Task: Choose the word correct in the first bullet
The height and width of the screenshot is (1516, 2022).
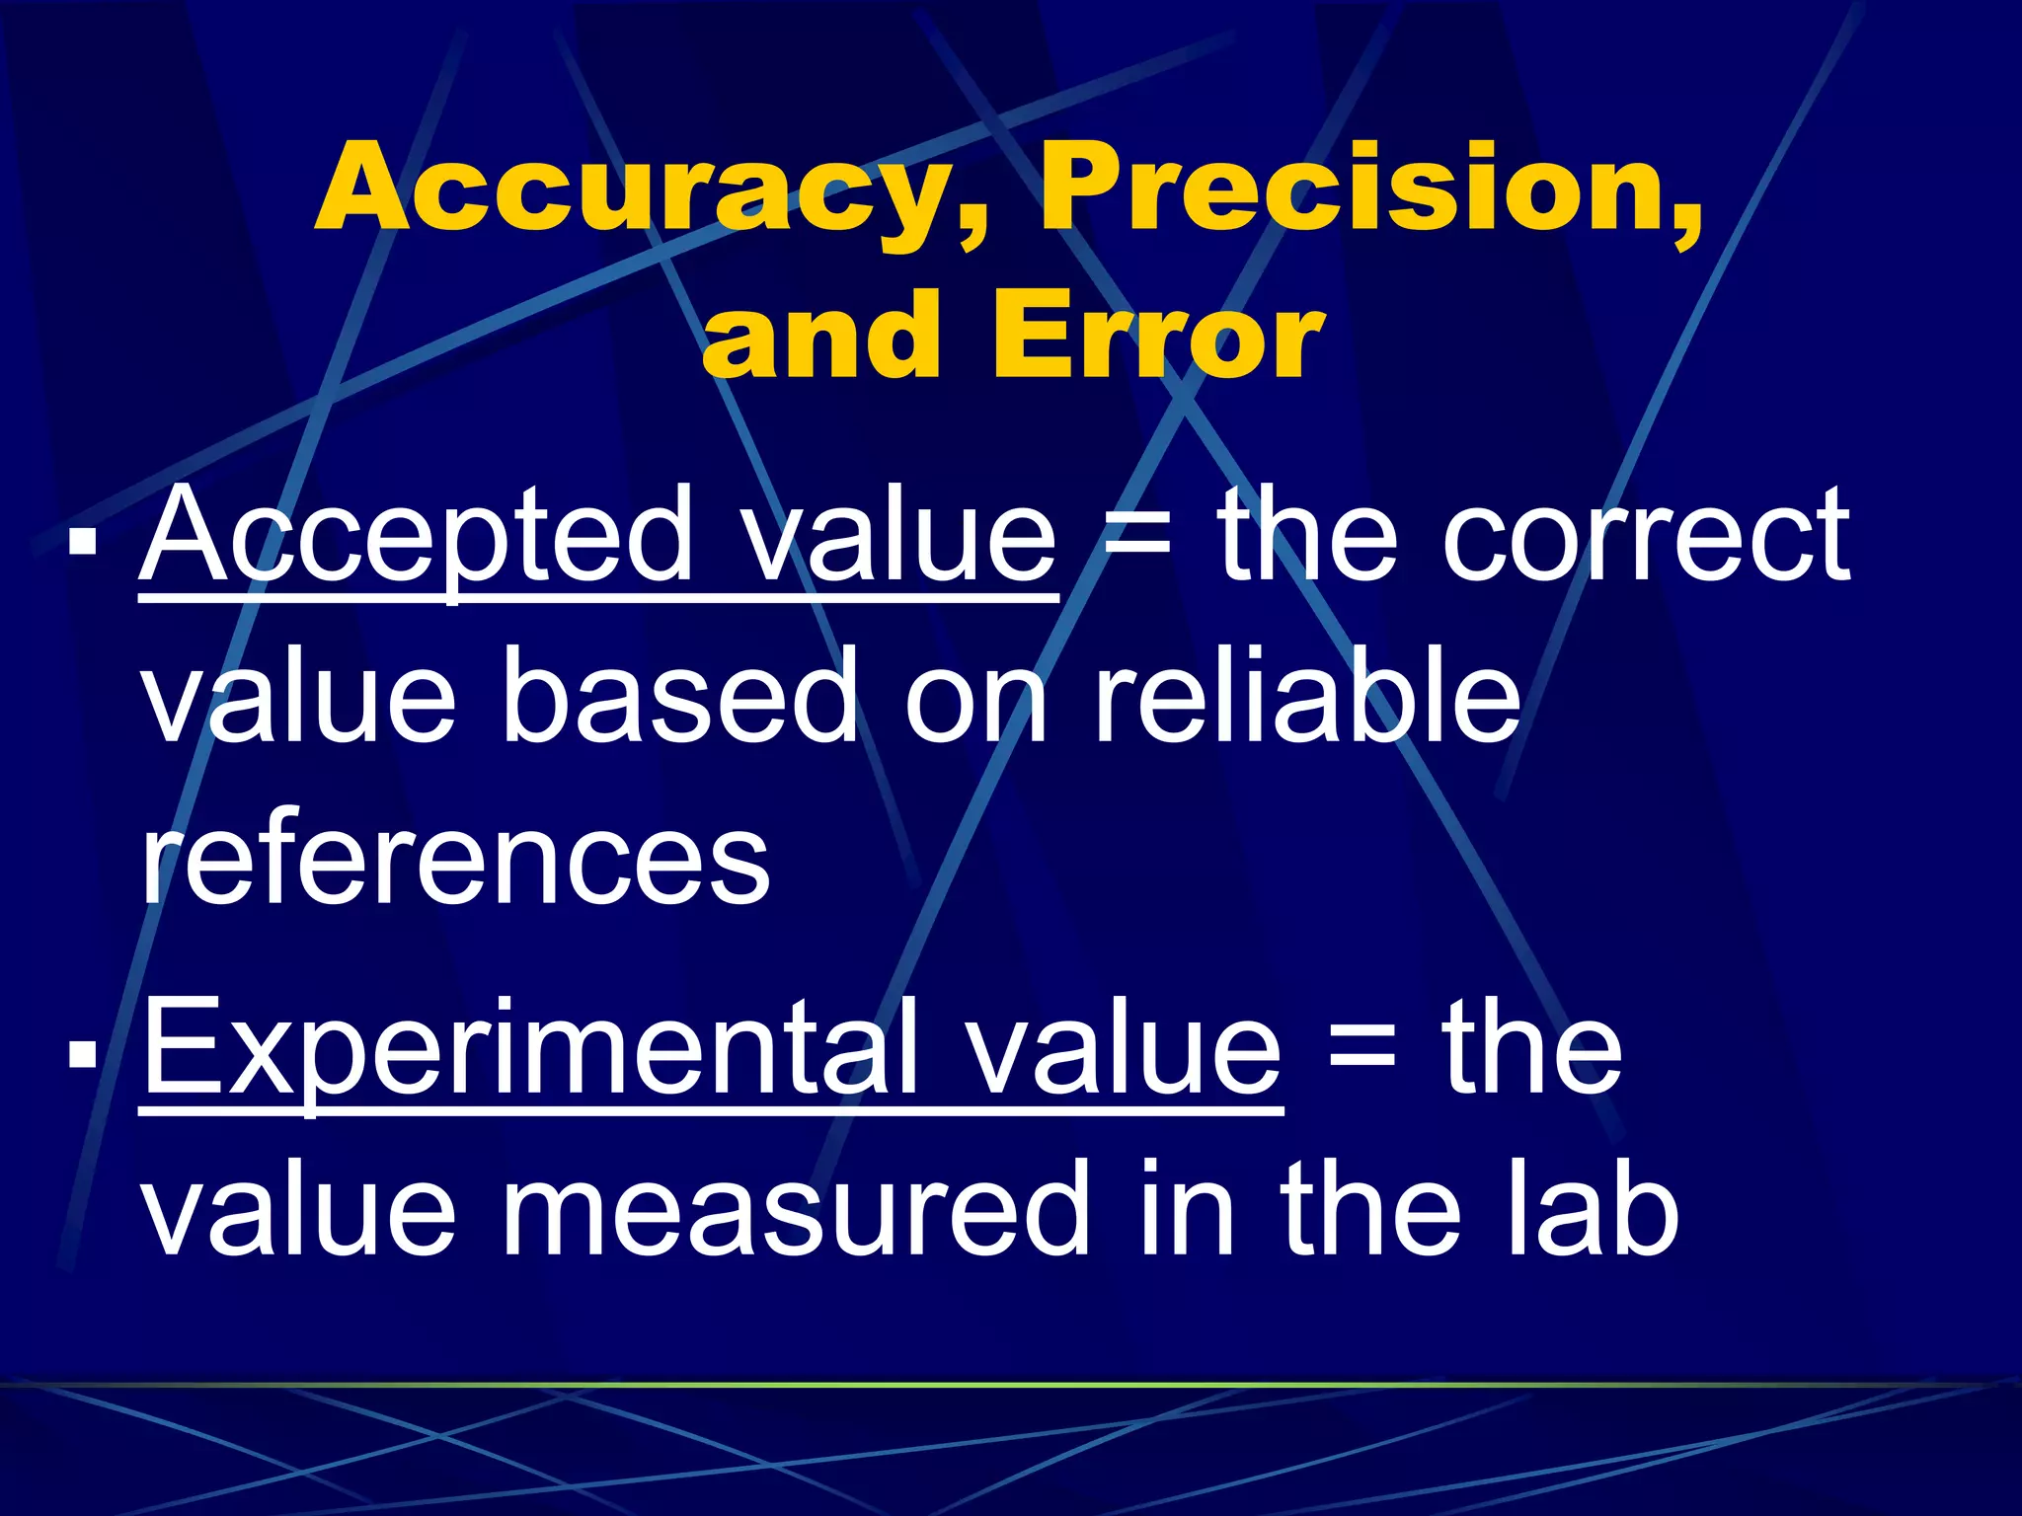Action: pos(1645,538)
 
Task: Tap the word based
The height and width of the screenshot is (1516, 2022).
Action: pos(680,701)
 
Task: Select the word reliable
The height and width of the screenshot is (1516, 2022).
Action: pos(1307,701)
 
